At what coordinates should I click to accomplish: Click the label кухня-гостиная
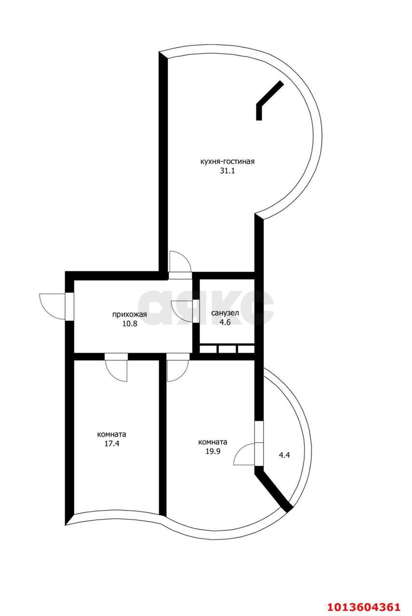pyautogui.click(x=227, y=162)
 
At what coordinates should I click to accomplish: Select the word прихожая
pyautogui.click(x=129, y=315)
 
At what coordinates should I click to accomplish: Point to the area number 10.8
pyautogui.click(x=130, y=324)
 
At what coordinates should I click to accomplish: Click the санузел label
pyautogui.click(x=225, y=313)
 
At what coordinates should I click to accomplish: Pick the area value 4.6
pyautogui.click(x=225, y=322)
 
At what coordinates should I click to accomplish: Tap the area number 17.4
pyautogui.click(x=112, y=444)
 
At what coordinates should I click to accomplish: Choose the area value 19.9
pyautogui.click(x=213, y=451)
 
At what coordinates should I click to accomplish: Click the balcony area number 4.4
pyautogui.click(x=284, y=454)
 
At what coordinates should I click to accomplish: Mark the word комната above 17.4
pyautogui.click(x=112, y=434)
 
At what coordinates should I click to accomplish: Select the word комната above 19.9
pyautogui.click(x=213, y=442)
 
